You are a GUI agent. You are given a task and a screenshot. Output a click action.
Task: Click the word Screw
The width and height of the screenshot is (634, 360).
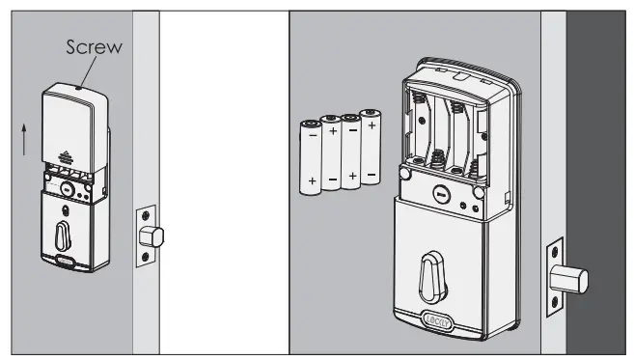(95, 47)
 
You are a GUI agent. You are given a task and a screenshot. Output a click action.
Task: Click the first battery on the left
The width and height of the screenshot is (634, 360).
(311, 157)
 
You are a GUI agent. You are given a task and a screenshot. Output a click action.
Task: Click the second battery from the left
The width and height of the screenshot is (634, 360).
(332, 154)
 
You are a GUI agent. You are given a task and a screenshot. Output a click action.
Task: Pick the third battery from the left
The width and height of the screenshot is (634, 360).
(351, 152)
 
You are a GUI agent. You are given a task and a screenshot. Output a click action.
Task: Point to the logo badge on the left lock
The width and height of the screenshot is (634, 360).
(68, 260)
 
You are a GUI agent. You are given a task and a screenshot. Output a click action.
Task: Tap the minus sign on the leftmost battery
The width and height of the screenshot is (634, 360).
(311, 136)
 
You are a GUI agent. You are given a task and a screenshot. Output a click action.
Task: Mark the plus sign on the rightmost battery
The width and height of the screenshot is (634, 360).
(372, 125)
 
